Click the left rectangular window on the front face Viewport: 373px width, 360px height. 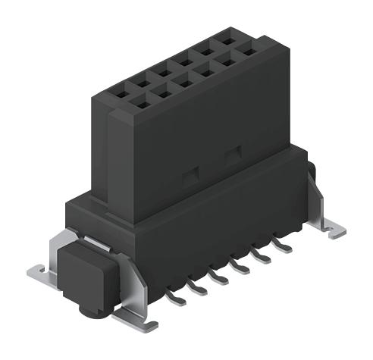pyautogui.click(x=189, y=176)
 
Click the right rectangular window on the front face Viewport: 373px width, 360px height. pyautogui.click(x=232, y=155)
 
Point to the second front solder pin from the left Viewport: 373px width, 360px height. pyautogui.click(x=198, y=289)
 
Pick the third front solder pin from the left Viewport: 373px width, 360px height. pyautogui.click(x=218, y=278)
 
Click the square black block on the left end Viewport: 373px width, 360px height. pyautogui.click(x=83, y=268)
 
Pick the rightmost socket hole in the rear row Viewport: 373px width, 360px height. pyautogui.click(x=225, y=36)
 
